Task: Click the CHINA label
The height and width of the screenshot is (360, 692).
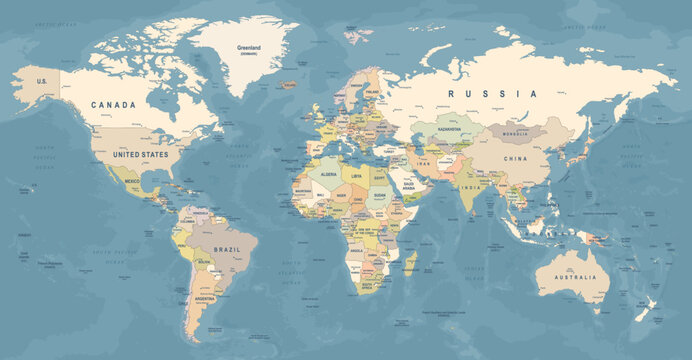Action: point(516,158)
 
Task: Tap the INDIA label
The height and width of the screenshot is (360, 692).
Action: point(469,187)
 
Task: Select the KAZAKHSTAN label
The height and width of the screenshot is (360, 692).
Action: point(448,129)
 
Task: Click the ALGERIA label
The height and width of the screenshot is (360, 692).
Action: point(327,174)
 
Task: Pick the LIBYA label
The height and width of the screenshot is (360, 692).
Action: point(357,176)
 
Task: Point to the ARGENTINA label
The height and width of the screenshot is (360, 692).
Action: point(205,299)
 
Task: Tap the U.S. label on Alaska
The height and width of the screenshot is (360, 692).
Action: point(43,81)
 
